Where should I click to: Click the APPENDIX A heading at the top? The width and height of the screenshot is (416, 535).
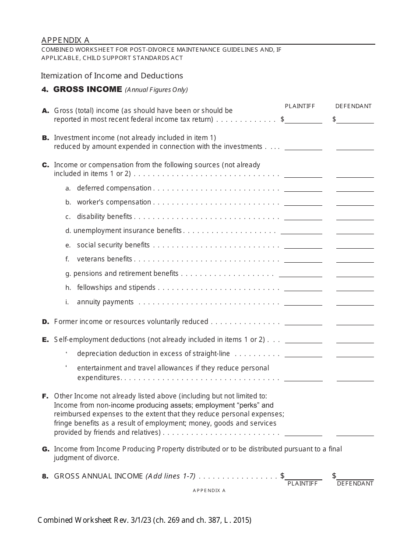coord(65,40)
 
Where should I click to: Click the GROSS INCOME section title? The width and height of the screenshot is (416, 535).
coord(87,89)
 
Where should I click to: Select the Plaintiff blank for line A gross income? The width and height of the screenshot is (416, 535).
coord(303,120)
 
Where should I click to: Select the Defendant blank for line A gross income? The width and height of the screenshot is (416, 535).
coord(355,120)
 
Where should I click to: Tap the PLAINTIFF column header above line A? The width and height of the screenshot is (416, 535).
coord(300,106)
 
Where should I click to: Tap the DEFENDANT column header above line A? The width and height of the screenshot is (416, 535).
coord(353,106)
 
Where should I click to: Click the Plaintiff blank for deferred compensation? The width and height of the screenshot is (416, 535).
coord(303,188)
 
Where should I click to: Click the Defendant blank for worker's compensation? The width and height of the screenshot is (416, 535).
coord(355,202)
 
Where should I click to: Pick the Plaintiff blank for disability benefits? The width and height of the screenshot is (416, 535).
coord(303,217)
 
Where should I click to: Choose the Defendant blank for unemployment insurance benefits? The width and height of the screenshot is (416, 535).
coord(355,231)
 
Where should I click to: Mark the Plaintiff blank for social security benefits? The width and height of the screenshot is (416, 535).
coord(303,245)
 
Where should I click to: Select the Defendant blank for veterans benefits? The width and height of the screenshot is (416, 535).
coord(355,259)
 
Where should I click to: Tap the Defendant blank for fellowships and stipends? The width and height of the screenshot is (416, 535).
coord(355,288)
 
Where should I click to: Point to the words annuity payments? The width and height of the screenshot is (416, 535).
coord(105,302)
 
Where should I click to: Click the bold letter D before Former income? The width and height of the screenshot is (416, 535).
coord(45,322)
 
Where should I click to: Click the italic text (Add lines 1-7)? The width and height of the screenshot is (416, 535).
coord(170,476)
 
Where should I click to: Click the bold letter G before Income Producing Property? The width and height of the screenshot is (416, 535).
coord(45,449)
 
